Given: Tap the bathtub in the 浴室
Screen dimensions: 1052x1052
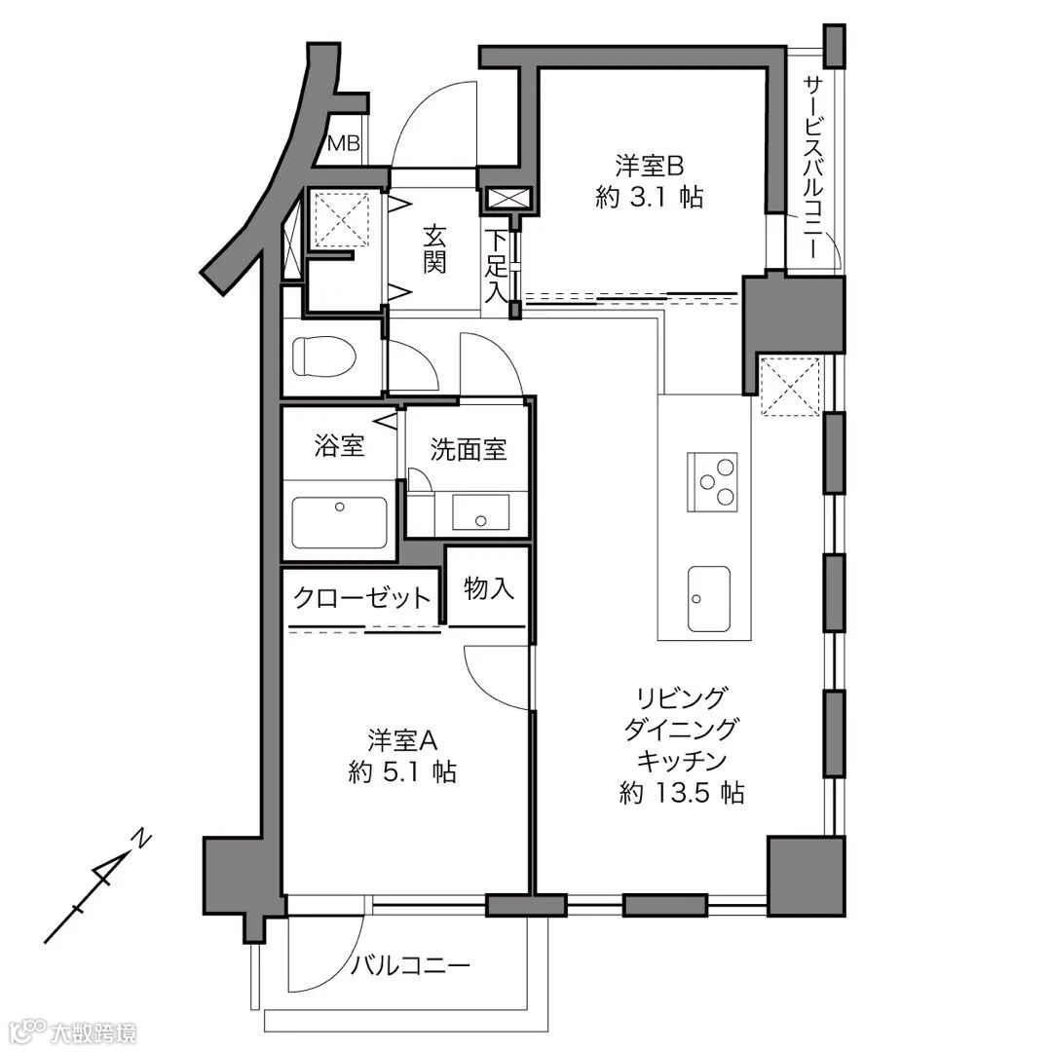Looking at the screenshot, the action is tap(340, 523).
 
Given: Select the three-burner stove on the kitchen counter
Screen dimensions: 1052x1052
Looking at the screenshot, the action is tap(712, 482).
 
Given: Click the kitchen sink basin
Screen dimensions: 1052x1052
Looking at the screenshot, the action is tap(708, 598).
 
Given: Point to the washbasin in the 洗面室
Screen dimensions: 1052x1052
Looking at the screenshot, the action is tap(480, 512).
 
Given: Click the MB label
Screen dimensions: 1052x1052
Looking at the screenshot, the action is tap(344, 143).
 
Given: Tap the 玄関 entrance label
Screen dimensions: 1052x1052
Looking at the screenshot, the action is tap(434, 249).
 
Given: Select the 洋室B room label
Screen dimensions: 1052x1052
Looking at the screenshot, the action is tap(649, 165).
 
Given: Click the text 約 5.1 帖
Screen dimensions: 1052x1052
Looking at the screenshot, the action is tap(402, 772).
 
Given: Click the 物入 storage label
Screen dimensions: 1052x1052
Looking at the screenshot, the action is tap(489, 588).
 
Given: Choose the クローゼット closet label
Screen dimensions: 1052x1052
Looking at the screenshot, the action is tap(361, 596).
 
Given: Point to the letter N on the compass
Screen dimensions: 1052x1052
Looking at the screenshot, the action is tap(142, 839).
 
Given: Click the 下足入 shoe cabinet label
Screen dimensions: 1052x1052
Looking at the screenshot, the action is tap(497, 267).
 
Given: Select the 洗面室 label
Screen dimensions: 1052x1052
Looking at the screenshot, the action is tap(469, 449).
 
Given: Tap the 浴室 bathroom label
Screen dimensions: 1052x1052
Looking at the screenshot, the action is tap(340, 445).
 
